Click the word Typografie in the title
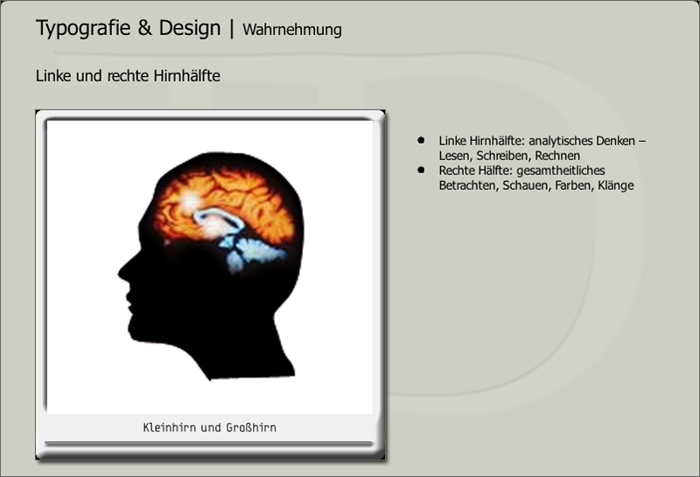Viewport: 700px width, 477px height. tap(83, 28)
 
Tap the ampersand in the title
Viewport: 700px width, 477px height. tap(144, 28)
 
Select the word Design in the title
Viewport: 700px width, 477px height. tap(190, 28)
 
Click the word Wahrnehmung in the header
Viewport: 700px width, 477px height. tap(292, 30)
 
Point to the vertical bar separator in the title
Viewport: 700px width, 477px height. tap(232, 29)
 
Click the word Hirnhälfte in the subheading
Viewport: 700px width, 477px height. tap(186, 76)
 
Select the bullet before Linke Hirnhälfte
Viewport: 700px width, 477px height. tap(421, 140)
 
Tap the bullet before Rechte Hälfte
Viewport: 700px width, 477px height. tap(421, 170)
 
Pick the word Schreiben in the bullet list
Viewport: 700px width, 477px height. tap(504, 156)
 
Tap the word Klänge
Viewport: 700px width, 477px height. tap(616, 186)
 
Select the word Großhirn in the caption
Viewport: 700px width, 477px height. tap(251, 427)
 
